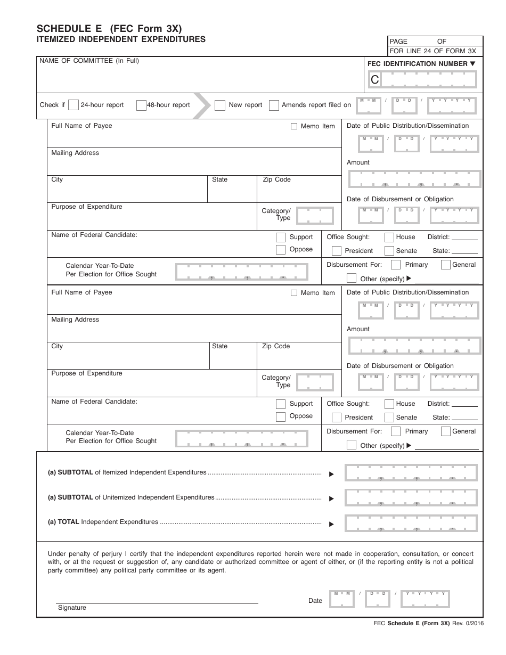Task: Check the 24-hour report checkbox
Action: pos(74,105)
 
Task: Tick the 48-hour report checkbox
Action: pos(141,105)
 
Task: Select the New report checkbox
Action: pos(220,105)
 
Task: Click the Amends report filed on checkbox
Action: pos(274,105)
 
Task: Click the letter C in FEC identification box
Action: pos(375,80)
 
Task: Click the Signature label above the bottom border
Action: pos(72,608)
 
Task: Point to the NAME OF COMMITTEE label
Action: pos(89,61)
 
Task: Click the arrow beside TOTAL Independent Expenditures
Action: pos(331,524)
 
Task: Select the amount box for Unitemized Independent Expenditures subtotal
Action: pos(411,497)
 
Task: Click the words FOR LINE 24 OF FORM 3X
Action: pos(433,51)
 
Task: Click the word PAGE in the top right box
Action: pos(398,41)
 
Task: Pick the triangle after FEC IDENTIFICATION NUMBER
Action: pos(472,64)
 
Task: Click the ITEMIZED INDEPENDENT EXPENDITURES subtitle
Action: pos(120,39)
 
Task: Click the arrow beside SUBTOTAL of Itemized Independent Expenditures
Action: pos(331,474)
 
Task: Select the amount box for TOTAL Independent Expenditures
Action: pos(411,522)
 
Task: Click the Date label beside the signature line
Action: pos(315,601)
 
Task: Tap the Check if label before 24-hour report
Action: pos(52,105)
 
